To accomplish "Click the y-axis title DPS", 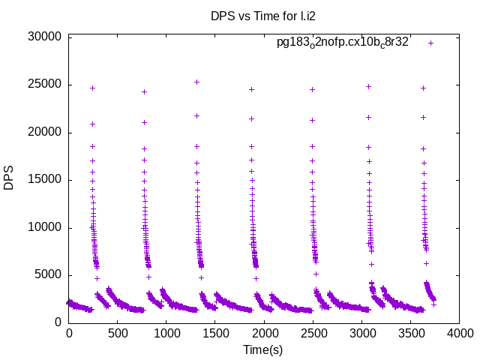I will (x=9, y=178).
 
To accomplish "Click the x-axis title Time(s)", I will (x=262, y=349).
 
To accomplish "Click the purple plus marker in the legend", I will (x=430, y=43).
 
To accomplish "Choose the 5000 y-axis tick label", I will (x=48, y=275).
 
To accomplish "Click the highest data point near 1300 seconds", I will (x=196, y=82).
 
